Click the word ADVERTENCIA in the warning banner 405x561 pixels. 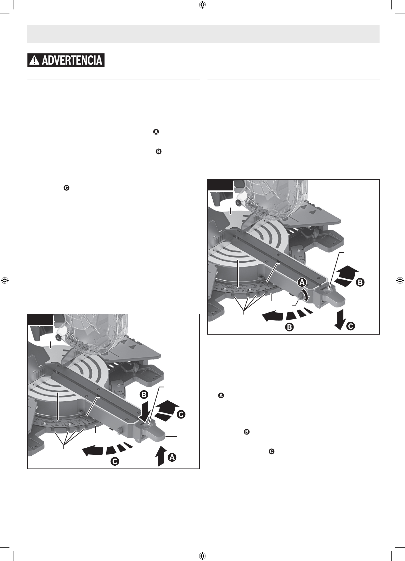[x=72, y=60]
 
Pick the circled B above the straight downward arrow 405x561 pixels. [x=144, y=395]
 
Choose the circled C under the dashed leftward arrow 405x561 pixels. [x=115, y=462]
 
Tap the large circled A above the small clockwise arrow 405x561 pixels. [x=302, y=283]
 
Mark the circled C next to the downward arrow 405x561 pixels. [x=351, y=326]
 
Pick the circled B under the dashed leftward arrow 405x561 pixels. [x=290, y=327]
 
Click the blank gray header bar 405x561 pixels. [x=203, y=34]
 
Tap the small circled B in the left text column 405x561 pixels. [x=158, y=152]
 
